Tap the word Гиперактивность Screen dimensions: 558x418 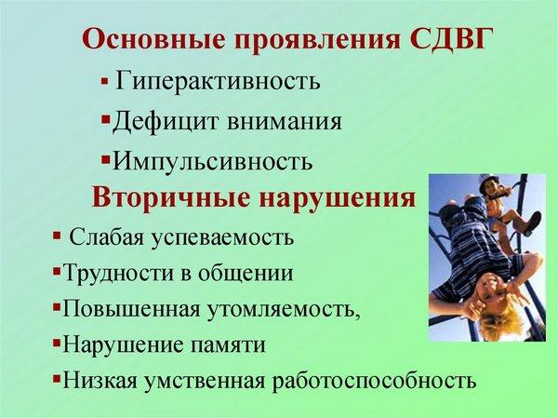pos(218,81)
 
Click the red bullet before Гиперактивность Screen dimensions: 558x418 pos(104,82)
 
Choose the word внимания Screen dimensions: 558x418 pos(284,122)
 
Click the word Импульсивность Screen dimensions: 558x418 pos(212,161)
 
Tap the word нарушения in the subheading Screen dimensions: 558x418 pos(338,198)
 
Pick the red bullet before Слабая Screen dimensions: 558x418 pos(56,235)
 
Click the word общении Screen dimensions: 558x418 pos(246,273)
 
